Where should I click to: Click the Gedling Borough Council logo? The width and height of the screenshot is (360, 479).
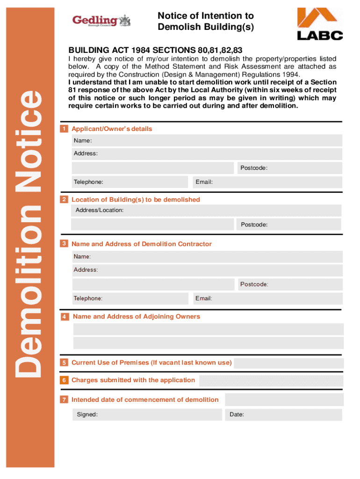(x=101, y=21)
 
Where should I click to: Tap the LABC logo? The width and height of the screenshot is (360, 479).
(x=320, y=24)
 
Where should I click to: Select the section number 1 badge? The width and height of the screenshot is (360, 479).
(x=64, y=129)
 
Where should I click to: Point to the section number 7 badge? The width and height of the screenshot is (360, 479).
(x=64, y=400)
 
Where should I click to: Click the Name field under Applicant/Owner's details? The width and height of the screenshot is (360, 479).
(x=207, y=141)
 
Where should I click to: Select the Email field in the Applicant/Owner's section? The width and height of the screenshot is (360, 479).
(x=267, y=182)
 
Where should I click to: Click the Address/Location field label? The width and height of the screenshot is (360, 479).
(x=100, y=210)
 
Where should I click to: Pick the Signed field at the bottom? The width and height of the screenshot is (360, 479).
(x=147, y=415)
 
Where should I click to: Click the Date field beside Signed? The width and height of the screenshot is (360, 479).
(x=284, y=415)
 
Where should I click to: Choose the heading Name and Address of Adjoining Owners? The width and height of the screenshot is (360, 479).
(x=136, y=317)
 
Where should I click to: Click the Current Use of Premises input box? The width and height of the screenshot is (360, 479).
(x=288, y=363)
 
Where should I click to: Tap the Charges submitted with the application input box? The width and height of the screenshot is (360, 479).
(x=271, y=380)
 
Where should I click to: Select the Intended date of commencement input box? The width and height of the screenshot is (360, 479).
(x=284, y=399)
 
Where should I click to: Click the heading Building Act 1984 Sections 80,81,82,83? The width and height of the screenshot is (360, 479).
(x=155, y=50)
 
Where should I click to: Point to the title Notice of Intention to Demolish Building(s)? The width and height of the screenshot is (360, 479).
(x=206, y=22)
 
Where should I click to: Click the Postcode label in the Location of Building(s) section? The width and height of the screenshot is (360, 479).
(x=254, y=225)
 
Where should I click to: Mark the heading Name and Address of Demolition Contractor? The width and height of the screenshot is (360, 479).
(x=141, y=244)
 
